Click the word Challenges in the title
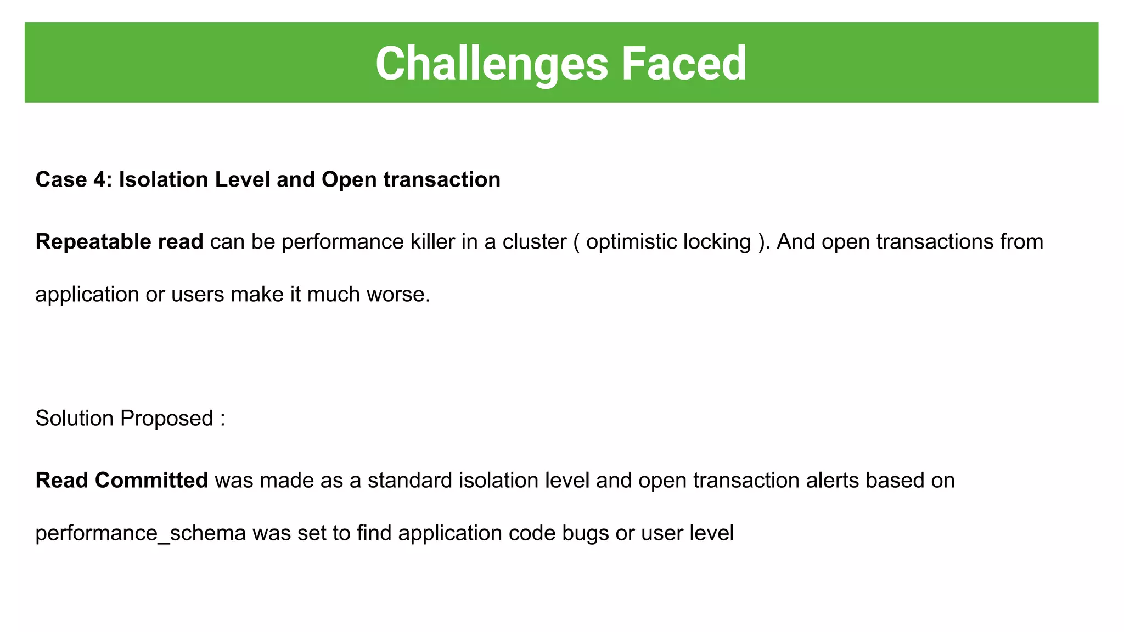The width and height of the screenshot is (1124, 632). click(492, 64)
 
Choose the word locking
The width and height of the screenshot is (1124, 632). click(717, 241)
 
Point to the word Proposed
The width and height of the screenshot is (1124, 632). click(166, 418)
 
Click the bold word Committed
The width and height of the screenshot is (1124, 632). click(151, 480)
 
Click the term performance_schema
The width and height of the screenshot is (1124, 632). click(140, 533)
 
